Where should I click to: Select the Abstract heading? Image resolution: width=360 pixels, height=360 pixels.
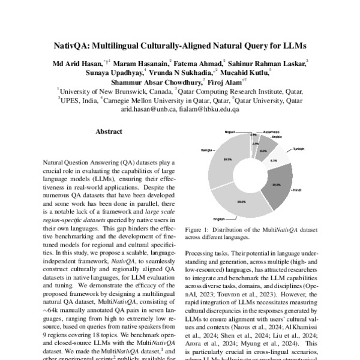pyautogui.click(x=109, y=131)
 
